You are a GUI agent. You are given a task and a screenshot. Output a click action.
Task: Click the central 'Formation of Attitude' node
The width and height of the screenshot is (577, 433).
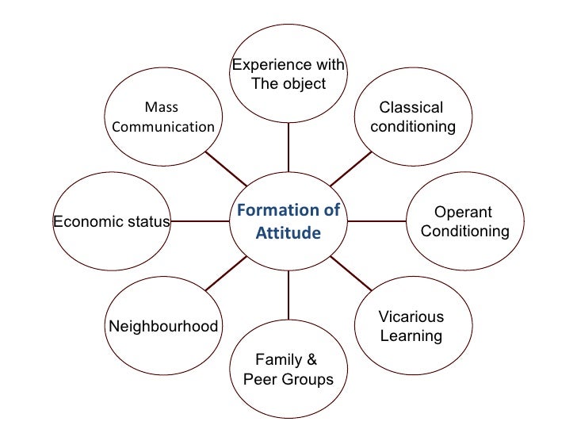288,221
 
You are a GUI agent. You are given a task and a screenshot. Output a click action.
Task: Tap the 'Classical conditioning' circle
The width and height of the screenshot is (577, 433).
411,117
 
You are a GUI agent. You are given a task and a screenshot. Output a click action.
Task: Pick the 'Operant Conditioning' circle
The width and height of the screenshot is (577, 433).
464,221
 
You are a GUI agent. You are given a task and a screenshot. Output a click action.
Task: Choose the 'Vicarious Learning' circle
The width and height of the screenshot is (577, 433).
411,326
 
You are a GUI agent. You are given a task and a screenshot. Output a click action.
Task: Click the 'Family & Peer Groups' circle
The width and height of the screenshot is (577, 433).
288,370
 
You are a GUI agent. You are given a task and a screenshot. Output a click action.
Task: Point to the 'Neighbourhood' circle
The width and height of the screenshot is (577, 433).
163,326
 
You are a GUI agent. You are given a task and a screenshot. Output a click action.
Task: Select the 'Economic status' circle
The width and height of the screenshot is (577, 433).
111,221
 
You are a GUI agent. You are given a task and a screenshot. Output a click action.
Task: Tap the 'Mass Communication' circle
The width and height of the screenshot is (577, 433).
163,117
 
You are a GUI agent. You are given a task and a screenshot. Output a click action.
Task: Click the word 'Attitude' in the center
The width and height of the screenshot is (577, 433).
288,234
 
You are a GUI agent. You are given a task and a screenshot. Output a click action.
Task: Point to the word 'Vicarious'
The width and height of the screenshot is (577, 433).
411,316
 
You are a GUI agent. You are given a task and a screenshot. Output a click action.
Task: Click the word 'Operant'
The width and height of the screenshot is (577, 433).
464,213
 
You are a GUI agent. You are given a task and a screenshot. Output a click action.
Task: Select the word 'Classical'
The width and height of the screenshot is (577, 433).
411,108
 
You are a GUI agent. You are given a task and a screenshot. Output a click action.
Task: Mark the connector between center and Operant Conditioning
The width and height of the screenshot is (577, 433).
376,221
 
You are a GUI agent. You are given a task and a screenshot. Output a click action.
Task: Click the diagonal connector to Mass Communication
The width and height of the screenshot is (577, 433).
227,168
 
